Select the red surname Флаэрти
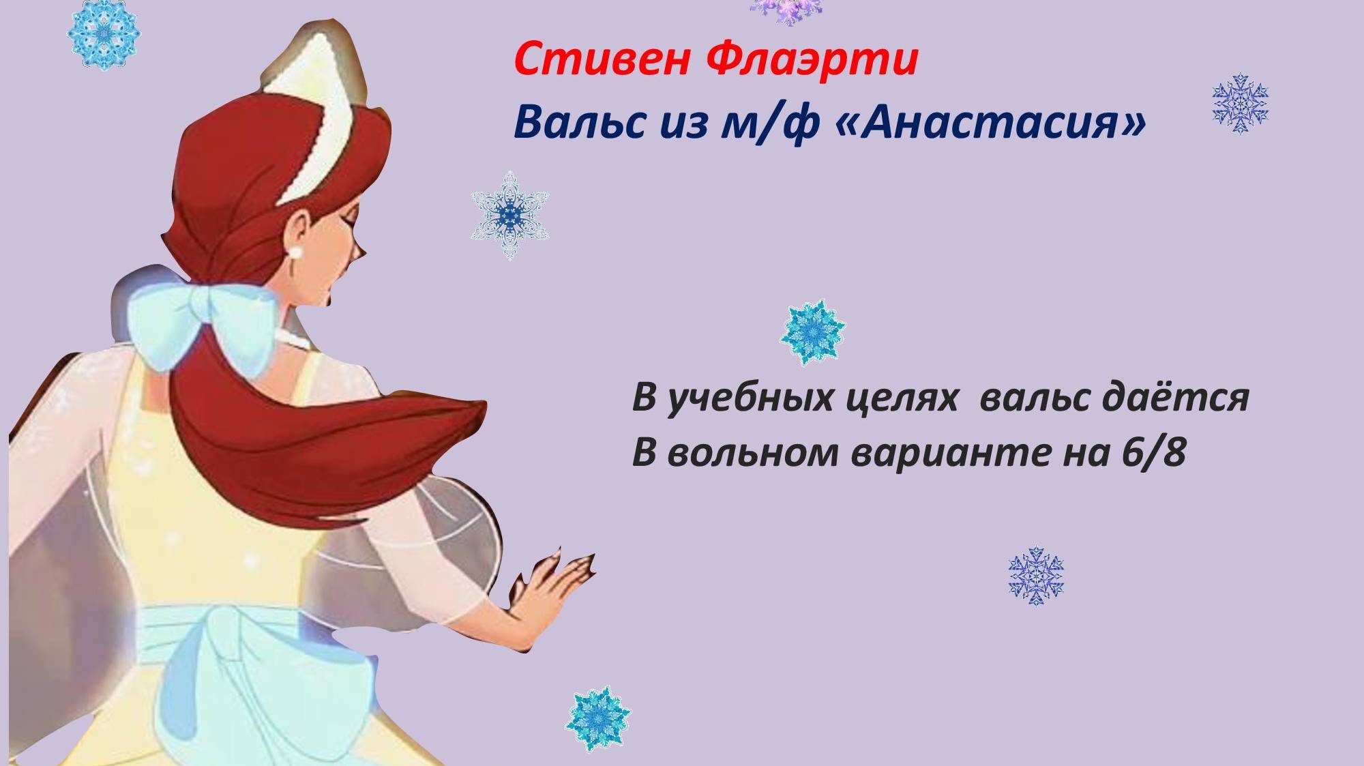(811, 60)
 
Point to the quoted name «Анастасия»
(990, 123)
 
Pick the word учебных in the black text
(750, 398)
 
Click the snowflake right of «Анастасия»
(1240, 102)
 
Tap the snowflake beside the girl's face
(509, 216)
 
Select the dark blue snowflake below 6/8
(1036, 576)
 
